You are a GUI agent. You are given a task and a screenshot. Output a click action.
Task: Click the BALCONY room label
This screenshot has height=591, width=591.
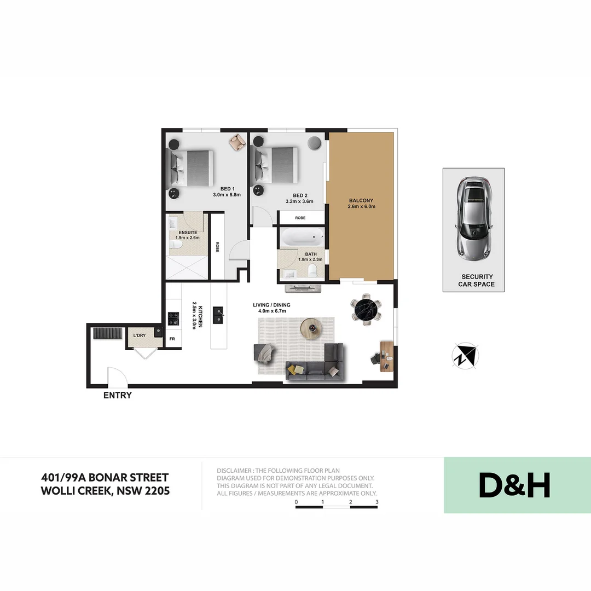point(362,201)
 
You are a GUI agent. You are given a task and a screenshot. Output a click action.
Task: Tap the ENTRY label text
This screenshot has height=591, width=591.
point(118,395)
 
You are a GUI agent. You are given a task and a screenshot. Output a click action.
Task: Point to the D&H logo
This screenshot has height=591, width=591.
point(514,485)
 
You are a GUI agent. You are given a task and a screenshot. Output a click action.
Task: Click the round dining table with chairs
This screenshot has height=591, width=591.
point(365,310)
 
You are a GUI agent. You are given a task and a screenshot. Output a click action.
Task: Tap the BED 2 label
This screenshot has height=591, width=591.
point(299,195)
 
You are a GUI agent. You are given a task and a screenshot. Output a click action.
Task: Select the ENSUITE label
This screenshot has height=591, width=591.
point(188,233)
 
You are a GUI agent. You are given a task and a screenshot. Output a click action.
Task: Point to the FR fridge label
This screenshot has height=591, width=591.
point(172,339)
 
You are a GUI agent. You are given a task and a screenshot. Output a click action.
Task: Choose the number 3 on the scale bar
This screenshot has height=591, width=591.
point(377,502)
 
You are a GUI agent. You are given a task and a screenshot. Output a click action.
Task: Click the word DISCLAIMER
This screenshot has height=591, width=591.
point(234,471)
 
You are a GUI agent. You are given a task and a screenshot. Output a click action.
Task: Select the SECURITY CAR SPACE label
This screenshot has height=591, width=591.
point(477,280)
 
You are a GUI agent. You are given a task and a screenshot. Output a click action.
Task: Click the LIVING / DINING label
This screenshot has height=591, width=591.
point(271,305)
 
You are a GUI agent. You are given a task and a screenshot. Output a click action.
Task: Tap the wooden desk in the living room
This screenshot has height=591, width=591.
point(386,356)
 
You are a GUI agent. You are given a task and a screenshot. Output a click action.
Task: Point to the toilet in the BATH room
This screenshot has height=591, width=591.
point(312,270)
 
